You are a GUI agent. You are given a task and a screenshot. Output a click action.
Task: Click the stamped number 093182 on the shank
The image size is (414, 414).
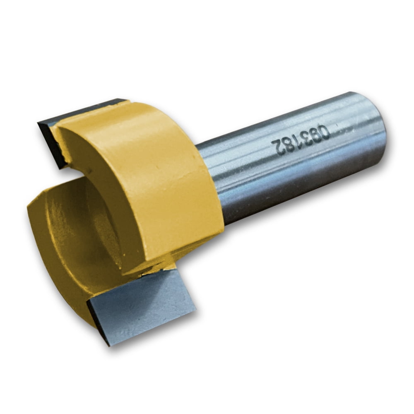pyautogui.click(x=301, y=140)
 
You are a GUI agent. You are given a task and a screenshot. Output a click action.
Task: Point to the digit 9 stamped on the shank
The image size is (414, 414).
pyautogui.click(x=315, y=135)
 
